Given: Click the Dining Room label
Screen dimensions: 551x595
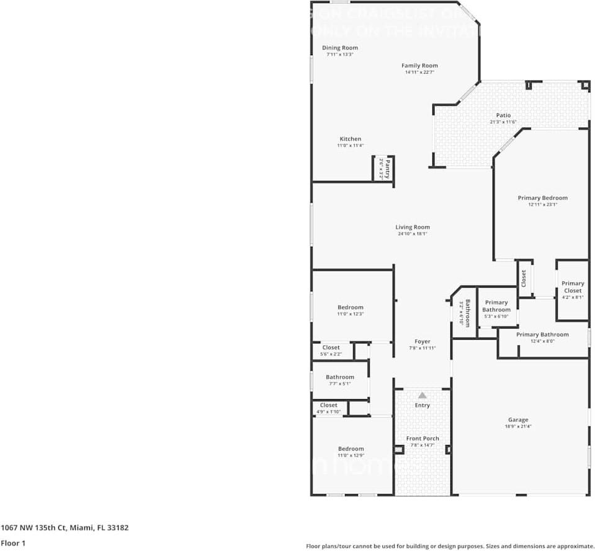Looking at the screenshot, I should [339, 48].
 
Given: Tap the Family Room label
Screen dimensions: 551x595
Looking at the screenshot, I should [419, 66].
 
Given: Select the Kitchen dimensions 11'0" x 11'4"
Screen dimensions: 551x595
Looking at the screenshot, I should [350, 146].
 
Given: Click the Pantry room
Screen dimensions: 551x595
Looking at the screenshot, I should [384, 168].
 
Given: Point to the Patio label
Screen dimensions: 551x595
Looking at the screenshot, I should [503, 115].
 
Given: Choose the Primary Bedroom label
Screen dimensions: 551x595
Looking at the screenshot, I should [542, 198].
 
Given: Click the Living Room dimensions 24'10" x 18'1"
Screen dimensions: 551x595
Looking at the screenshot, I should [413, 234].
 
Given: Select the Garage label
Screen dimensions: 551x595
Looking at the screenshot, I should [518, 420].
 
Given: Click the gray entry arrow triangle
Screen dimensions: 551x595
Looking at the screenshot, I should [423, 395].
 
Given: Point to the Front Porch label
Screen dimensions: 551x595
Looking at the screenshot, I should [423, 439].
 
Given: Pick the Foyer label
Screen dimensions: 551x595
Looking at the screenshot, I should [422, 342].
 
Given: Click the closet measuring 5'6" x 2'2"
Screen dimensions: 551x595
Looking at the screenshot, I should [331, 351].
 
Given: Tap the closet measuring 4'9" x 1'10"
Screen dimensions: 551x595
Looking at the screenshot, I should [329, 408].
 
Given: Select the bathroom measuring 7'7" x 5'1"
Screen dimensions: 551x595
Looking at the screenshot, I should [339, 380].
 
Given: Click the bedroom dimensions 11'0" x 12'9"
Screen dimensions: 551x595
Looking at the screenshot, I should [351, 456].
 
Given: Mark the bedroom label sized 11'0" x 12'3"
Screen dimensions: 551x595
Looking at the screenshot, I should [351, 307].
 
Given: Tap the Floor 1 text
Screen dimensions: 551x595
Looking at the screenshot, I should [14, 543].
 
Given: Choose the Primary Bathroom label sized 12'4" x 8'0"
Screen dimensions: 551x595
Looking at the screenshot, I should [542, 335].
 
